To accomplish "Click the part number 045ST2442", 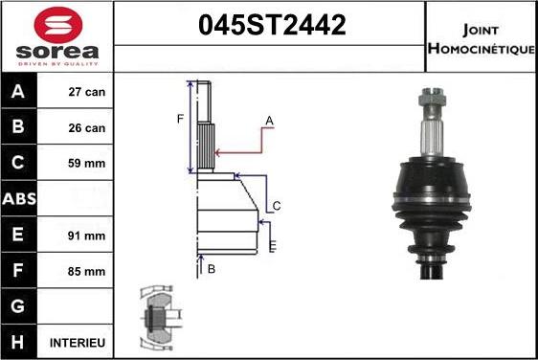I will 270,27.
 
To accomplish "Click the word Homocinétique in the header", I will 481,48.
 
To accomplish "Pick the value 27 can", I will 87,93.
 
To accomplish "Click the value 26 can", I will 87,128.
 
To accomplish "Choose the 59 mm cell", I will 87,164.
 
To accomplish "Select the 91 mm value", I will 87,235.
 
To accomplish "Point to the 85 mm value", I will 87,271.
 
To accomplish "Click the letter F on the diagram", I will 179,119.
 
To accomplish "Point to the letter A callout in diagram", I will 270,120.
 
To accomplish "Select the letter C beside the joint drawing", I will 276,206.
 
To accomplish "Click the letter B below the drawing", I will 211,269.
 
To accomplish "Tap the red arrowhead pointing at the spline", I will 219,151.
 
